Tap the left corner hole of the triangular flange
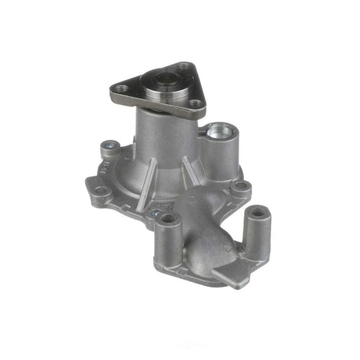[x=121, y=86]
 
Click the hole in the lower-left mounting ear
[x=101, y=191]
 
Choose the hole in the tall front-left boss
[x=168, y=218]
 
